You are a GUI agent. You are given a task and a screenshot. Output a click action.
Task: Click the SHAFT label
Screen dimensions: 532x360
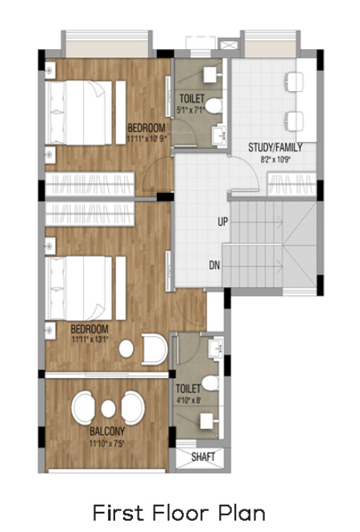(x=204, y=457)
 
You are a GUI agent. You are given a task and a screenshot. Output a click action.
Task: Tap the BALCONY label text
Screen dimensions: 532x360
(x=106, y=432)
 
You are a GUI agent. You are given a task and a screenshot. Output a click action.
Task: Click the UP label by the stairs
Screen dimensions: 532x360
(x=221, y=220)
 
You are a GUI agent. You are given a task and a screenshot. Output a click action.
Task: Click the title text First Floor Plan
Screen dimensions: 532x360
(x=179, y=512)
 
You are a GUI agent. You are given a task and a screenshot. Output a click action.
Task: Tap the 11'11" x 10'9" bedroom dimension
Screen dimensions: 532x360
(x=146, y=138)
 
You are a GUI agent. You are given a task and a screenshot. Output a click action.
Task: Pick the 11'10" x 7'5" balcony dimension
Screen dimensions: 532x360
(x=106, y=443)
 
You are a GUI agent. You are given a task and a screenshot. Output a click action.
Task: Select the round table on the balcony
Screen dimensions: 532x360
(x=107, y=407)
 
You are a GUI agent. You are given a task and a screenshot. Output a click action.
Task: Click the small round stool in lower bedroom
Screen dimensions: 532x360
(x=126, y=348)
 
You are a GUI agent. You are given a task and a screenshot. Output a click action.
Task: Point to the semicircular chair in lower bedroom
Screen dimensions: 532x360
(x=153, y=349)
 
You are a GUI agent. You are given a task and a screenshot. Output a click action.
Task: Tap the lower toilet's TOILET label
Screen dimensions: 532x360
(x=188, y=388)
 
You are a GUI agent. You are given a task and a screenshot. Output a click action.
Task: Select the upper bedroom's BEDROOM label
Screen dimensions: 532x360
(x=147, y=127)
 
